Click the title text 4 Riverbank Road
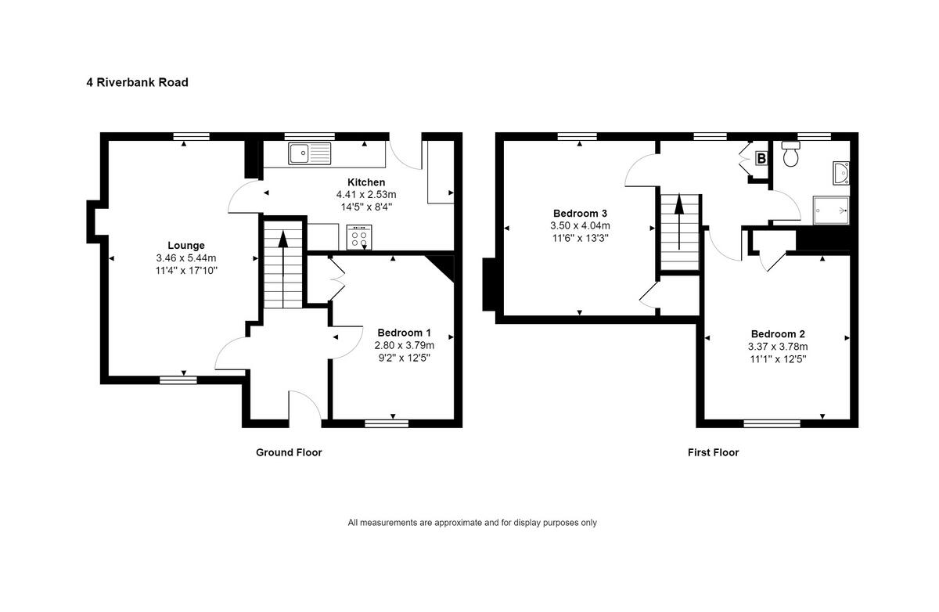click(x=137, y=82)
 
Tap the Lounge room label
click(x=185, y=245)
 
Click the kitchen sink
click(x=310, y=153)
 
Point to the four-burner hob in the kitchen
click(x=360, y=237)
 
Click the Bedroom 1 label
click(x=404, y=332)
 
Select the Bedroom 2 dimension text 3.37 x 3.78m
click(x=778, y=347)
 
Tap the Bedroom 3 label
click(x=580, y=213)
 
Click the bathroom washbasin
click(x=841, y=173)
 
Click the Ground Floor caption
click(x=289, y=452)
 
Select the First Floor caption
click(x=713, y=452)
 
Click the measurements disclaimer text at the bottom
click(x=472, y=523)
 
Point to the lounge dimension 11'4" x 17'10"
click(x=185, y=270)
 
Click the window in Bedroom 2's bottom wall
click(x=772, y=423)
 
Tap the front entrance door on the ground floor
click(x=305, y=407)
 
